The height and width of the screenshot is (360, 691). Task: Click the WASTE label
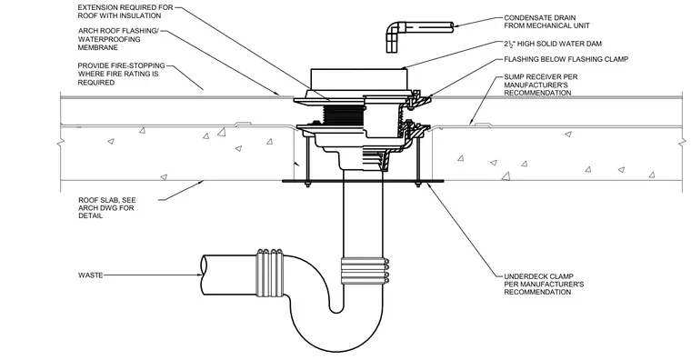coord(90,275)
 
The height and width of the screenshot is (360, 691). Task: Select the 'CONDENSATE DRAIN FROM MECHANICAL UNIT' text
coord(546,22)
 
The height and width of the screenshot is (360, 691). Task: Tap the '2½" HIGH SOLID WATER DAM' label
coord(553,44)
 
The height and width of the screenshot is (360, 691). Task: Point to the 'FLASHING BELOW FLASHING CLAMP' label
coord(566,59)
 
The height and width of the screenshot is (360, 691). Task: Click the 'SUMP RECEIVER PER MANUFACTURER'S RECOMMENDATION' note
coord(541,85)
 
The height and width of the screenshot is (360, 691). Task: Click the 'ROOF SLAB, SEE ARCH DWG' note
coord(106,208)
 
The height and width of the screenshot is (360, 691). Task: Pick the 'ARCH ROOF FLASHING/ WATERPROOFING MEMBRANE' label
coord(117,39)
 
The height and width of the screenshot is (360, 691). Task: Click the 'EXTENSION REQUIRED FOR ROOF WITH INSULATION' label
coord(125,12)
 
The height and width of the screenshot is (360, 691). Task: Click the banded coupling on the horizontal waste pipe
coord(270,273)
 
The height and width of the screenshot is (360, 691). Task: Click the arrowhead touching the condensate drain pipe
coord(457,25)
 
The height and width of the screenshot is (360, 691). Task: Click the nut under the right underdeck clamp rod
coord(417,185)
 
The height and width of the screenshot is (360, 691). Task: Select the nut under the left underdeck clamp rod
coord(307,185)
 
